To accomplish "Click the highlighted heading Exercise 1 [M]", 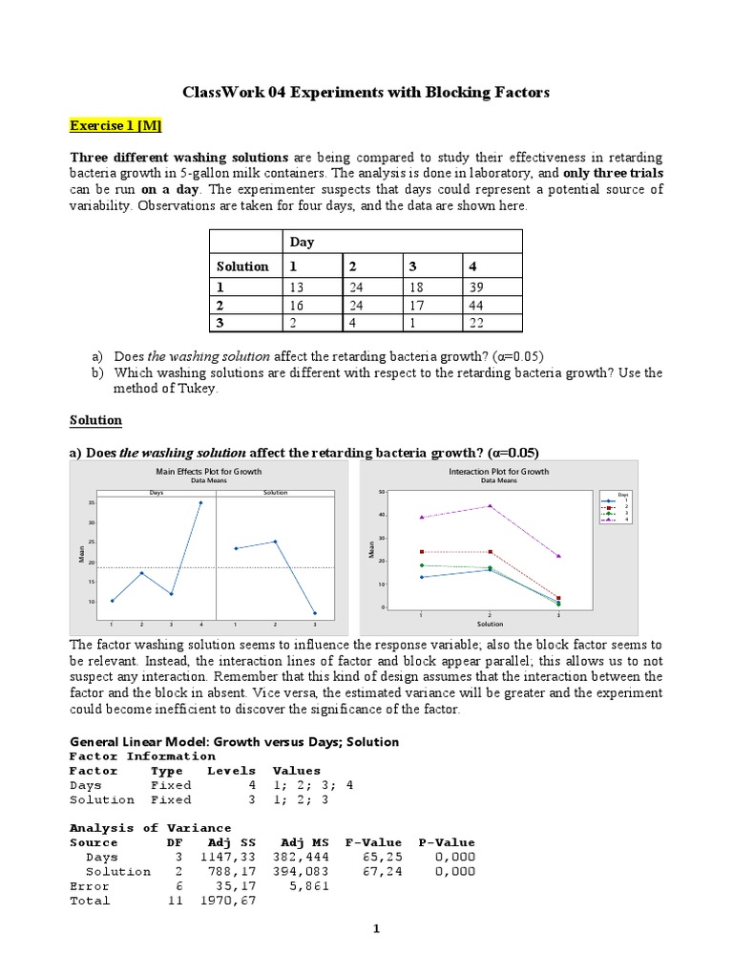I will coord(115,126).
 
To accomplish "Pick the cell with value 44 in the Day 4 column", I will coord(477,306).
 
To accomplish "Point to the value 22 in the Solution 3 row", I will coord(477,323).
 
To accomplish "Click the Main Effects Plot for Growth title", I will coord(209,472).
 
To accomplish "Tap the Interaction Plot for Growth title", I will coord(498,472).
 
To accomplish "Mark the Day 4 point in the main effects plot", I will coord(200,502).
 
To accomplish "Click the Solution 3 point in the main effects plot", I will coord(315,613).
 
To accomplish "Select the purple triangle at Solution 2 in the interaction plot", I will coord(489,505).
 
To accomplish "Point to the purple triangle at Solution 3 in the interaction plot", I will coord(557,556).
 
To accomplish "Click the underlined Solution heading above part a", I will coord(95,419).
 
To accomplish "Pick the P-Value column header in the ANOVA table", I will coord(446,842).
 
